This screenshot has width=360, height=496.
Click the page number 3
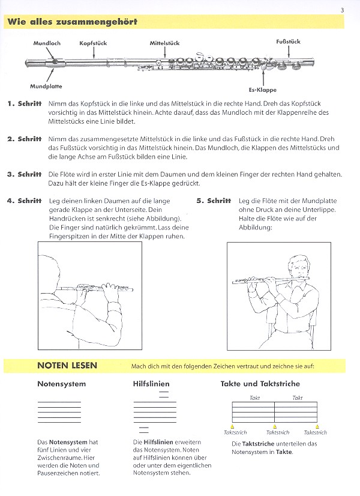pyautogui.click(x=341, y=9)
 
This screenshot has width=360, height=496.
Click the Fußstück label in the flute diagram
pyautogui.click(x=288, y=41)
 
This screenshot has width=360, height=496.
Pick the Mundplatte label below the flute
pyautogui.click(x=46, y=86)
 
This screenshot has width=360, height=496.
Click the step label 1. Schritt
pyautogui.click(x=25, y=104)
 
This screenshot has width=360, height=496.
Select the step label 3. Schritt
pyautogui.click(x=25, y=174)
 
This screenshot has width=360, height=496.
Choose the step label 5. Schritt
pyautogui.click(x=214, y=201)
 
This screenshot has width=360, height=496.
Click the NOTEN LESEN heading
pyautogui.click(x=67, y=365)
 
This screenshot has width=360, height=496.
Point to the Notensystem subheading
pyautogui.click(x=62, y=384)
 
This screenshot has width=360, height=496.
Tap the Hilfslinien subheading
pyautogui.click(x=151, y=384)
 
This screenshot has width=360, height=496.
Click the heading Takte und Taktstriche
pyautogui.click(x=260, y=384)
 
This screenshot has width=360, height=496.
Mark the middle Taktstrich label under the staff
pyautogui.click(x=277, y=432)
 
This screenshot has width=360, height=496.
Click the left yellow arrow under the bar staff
pyautogui.click(x=232, y=426)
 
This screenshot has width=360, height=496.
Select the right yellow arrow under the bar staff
pyautogui.click(x=316, y=426)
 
